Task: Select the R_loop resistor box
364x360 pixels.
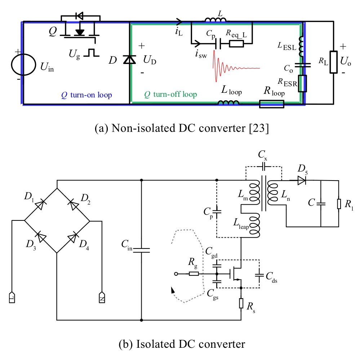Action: pyautogui.click(x=272, y=104)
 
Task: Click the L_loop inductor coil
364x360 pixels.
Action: pyautogui.click(x=228, y=103)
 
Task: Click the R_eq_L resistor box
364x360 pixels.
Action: pyautogui.click(x=235, y=44)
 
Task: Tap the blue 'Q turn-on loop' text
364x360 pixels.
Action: pyautogui.click(x=87, y=95)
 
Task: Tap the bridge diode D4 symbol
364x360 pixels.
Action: pyautogui.click(x=73, y=237)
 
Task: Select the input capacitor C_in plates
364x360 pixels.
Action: pyautogui.click(x=141, y=250)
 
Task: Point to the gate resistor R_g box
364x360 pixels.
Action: pyautogui.click(x=194, y=274)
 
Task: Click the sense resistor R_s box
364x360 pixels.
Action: pyautogui.click(x=241, y=303)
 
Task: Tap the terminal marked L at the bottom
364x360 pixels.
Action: pyautogui.click(x=12, y=298)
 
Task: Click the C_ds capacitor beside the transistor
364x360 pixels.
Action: pyautogui.click(x=259, y=275)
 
